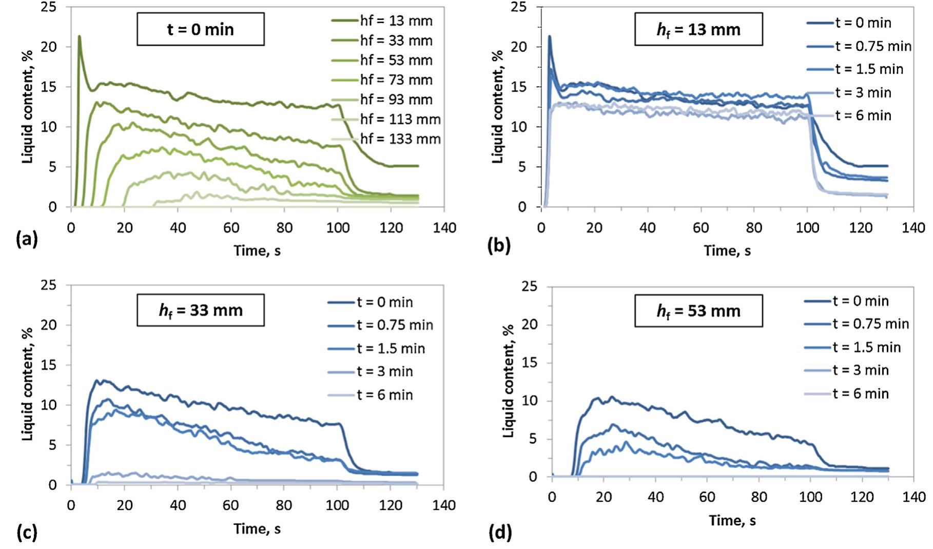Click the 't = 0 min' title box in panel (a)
(x=200, y=29)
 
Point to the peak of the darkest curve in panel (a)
(x=79, y=36)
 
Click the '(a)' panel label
(x=27, y=239)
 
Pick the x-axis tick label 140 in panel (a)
(x=444, y=228)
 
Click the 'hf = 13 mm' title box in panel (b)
(x=698, y=29)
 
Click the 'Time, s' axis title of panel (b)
(x=727, y=250)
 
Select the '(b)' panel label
(x=499, y=245)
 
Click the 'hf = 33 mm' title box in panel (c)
(x=200, y=310)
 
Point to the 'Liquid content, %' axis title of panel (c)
(x=28, y=384)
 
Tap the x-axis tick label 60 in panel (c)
(x=230, y=505)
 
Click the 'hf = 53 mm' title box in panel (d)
(x=698, y=310)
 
